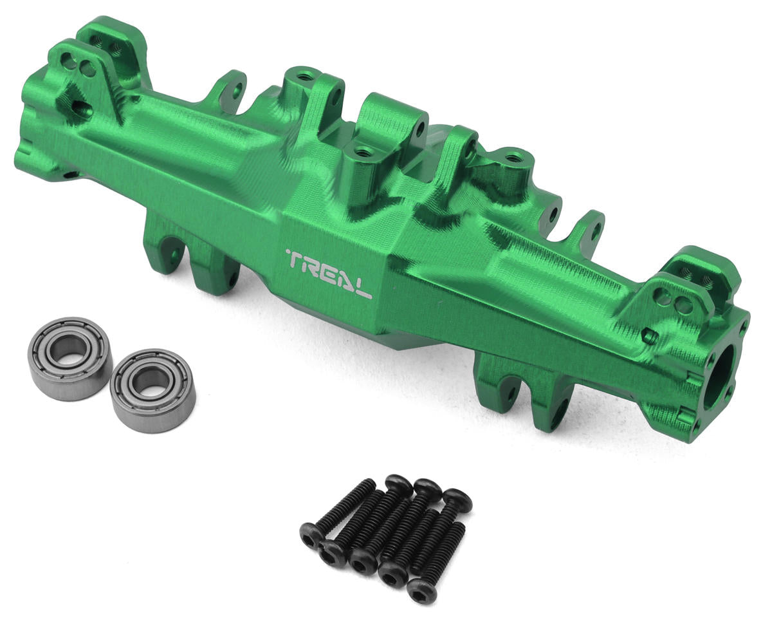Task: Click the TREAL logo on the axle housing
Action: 329,273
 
